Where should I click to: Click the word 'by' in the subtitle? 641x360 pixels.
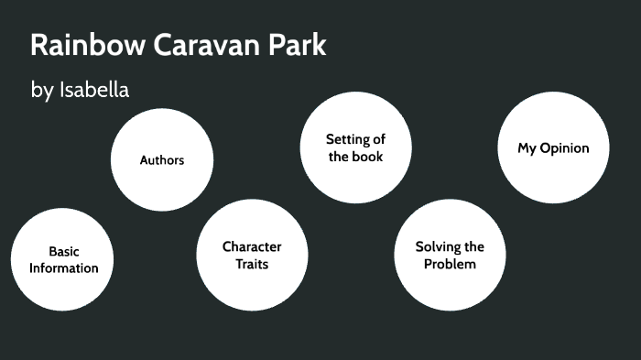click(42, 91)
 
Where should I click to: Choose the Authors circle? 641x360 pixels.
click(162, 159)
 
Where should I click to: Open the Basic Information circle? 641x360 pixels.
click(64, 259)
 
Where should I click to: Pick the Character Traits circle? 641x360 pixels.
click(252, 255)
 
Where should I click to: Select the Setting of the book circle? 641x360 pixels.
click(355, 147)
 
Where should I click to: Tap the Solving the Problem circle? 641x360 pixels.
click(450, 255)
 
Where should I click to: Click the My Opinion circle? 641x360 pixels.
click(553, 147)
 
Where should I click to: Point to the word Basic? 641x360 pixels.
click(64, 251)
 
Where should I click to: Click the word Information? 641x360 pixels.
click(64, 268)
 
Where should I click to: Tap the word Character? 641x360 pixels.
click(252, 246)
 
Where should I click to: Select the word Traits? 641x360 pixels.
click(252, 264)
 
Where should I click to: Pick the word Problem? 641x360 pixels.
click(450, 264)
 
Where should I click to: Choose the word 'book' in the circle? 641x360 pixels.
click(367, 157)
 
